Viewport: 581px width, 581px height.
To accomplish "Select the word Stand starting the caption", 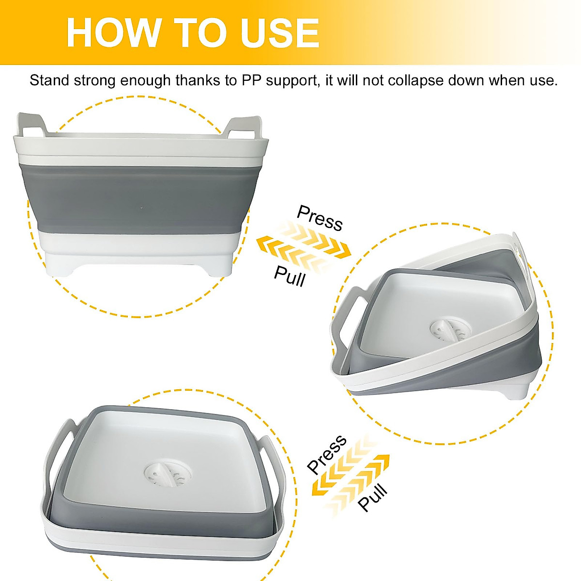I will click(49, 80).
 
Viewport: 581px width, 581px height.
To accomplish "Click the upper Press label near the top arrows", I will click(320, 218).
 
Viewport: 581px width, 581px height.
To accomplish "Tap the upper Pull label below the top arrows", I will click(290, 276).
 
